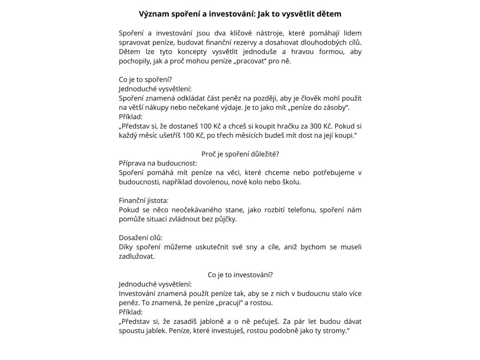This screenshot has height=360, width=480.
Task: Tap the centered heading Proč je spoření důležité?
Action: [x=240, y=154]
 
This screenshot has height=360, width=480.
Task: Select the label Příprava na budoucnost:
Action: [x=158, y=163]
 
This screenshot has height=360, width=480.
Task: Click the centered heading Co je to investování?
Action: [x=240, y=275]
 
